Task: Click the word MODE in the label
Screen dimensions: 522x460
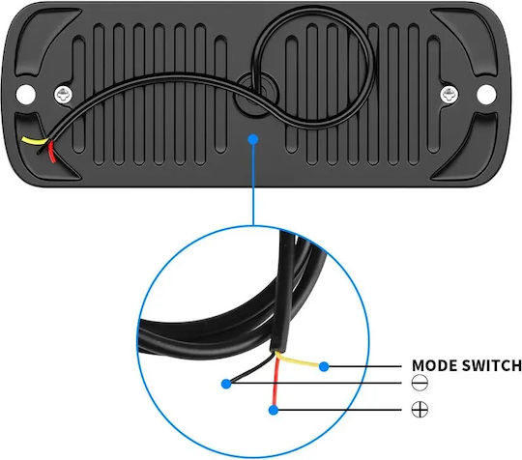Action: [x=434, y=365]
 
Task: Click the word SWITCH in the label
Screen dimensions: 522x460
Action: [x=492, y=365]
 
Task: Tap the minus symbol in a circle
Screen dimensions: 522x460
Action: [x=420, y=383]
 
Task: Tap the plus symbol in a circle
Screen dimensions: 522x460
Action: [x=420, y=409]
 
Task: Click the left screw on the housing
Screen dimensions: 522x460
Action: [x=64, y=95]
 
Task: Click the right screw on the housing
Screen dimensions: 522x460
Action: [x=449, y=95]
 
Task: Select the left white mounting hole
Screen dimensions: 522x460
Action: [x=26, y=94]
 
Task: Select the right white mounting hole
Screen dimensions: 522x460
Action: [x=486, y=95]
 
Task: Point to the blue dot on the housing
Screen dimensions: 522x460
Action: [x=253, y=139]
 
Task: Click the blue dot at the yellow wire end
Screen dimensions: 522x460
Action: [x=324, y=366]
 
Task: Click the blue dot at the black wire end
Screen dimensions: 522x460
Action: [x=226, y=384]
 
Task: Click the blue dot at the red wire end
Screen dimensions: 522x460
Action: [x=274, y=410]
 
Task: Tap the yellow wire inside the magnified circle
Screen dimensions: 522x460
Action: [x=298, y=360]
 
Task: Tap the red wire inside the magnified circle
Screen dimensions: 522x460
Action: [x=275, y=381]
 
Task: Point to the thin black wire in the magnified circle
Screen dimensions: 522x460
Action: [x=253, y=369]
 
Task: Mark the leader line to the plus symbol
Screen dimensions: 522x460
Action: [x=340, y=410]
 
